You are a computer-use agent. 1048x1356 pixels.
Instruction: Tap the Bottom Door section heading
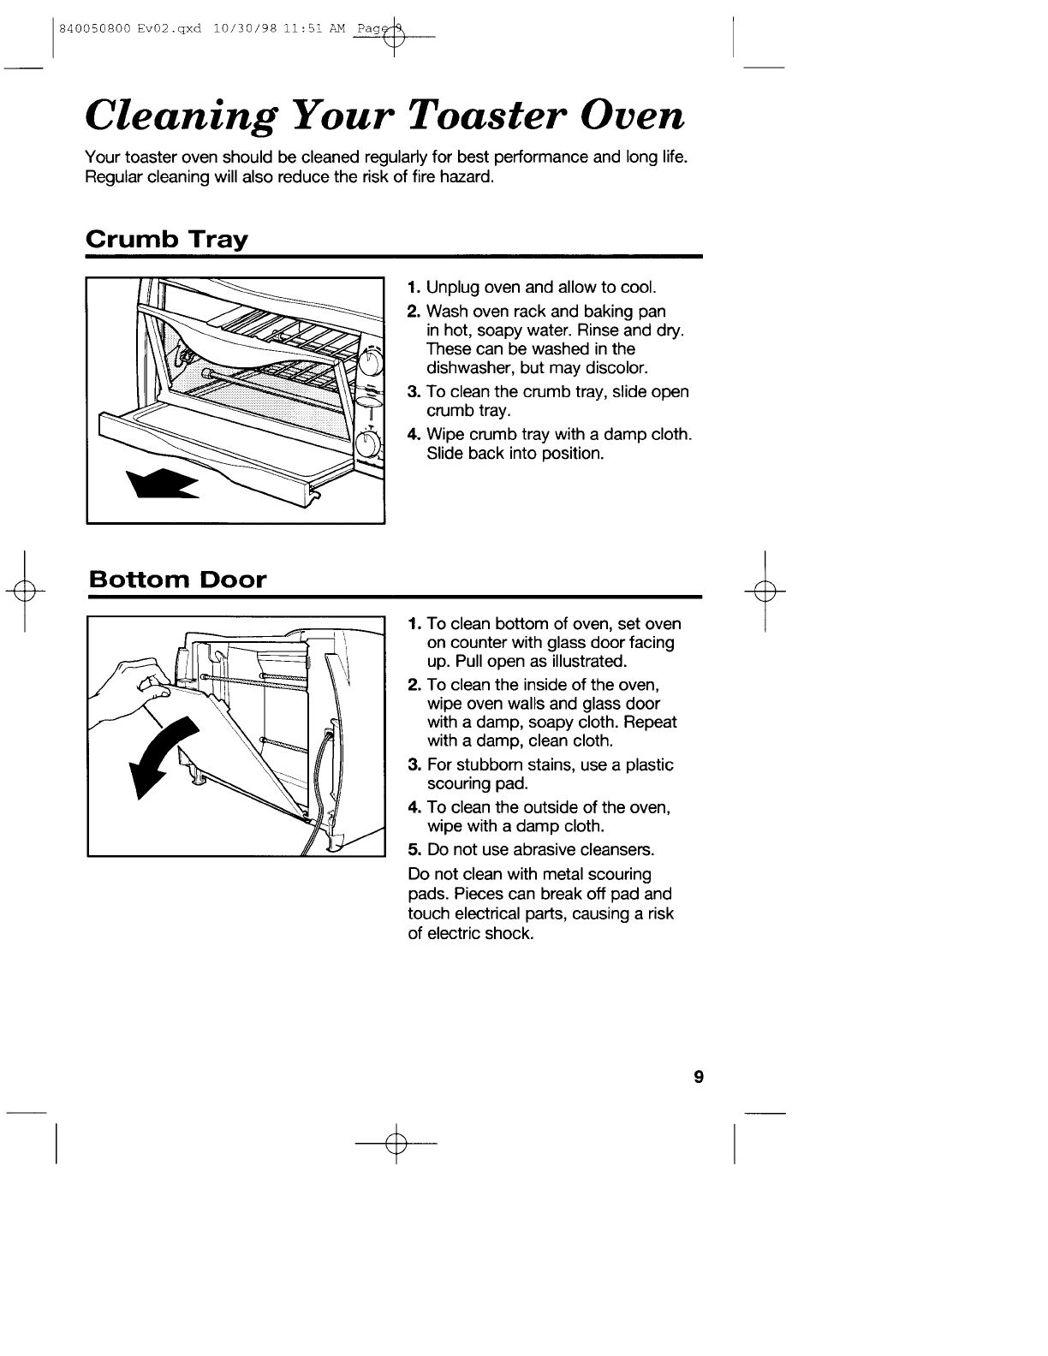click(177, 580)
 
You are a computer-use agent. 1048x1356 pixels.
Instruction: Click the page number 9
click(698, 1077)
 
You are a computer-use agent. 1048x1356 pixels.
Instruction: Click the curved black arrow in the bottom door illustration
click(167, 753)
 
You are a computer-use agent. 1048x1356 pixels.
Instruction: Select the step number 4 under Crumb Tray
click(413, 434)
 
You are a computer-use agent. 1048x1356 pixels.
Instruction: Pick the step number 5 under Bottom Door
click(413, 850)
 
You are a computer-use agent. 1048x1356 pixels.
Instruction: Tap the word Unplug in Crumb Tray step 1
click(450, 287)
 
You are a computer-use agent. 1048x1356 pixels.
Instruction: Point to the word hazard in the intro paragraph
click(470, 177)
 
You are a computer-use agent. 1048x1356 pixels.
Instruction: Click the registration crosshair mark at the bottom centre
click(395, 1144)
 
